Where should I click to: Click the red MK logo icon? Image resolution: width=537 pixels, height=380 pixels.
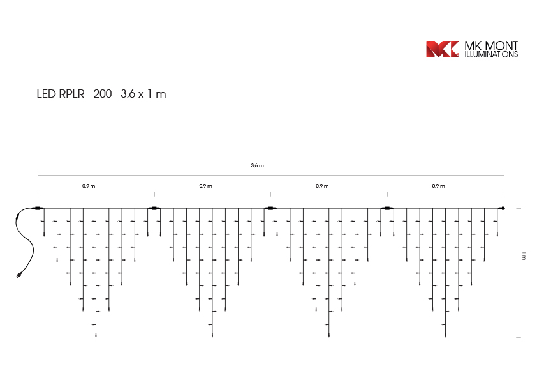point(442,49)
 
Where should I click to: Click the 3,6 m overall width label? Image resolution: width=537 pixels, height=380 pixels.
point(257,165)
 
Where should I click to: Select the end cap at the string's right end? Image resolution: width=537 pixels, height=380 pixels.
point(501,208)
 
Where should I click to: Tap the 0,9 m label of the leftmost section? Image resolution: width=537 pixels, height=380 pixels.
point(89,186)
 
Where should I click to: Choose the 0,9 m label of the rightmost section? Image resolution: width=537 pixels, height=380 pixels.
point(438,186)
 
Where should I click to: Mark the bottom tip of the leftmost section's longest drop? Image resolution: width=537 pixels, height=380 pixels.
point(96,335)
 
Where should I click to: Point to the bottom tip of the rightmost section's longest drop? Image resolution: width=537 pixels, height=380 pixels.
point(445,335)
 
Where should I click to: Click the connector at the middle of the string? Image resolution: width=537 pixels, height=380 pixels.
point(270,208)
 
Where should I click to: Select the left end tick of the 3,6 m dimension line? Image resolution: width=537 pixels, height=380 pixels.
point(38,174)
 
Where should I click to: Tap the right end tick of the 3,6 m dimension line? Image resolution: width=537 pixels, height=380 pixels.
point(504,174)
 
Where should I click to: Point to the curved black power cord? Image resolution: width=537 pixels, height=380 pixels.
point(26,239)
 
